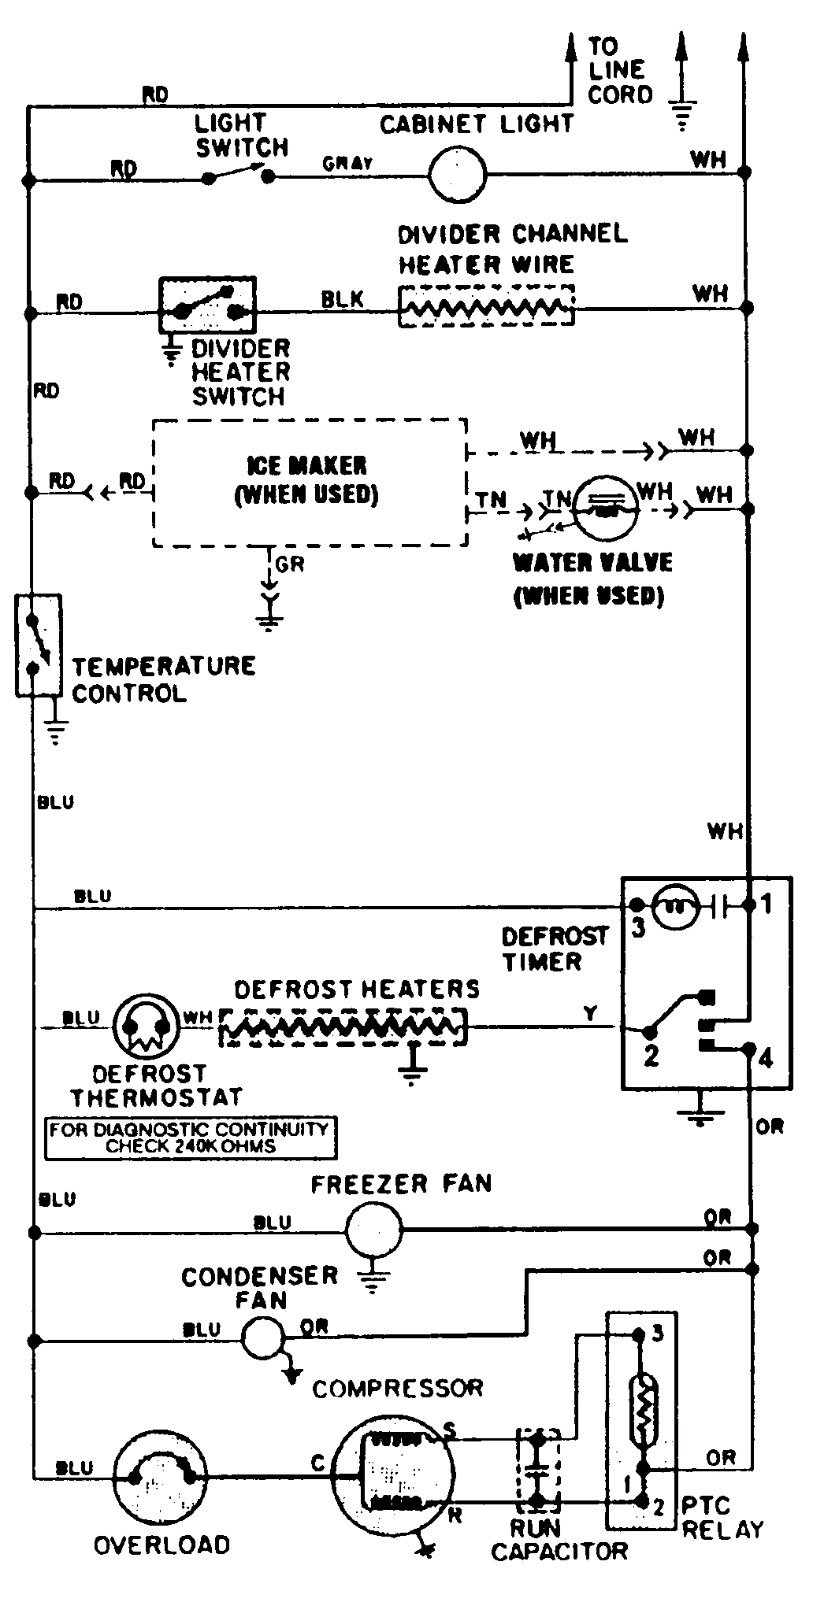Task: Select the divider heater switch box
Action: point(208,305)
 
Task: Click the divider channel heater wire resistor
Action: point(486,306)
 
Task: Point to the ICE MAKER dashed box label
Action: point(307,479)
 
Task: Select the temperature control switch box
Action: point(38,646)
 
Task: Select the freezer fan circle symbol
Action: point(373,1228)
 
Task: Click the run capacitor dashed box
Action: point(537,1469)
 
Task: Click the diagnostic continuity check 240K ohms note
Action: point(190,1138)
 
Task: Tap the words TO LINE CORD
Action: point(620,72)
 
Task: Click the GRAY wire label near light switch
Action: point(347,163)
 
